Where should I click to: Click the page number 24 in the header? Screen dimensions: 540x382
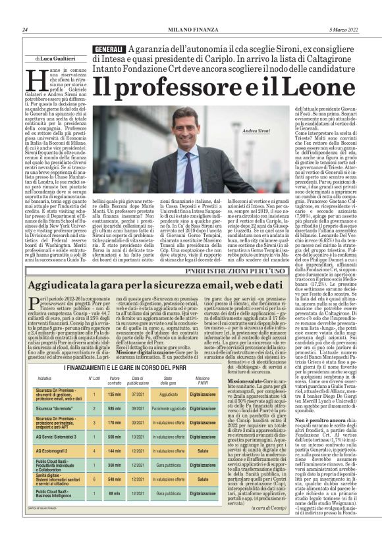point(24,30)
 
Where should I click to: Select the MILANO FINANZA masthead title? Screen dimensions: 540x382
point(192,30)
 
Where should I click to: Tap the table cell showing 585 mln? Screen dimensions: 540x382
point(115,408)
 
